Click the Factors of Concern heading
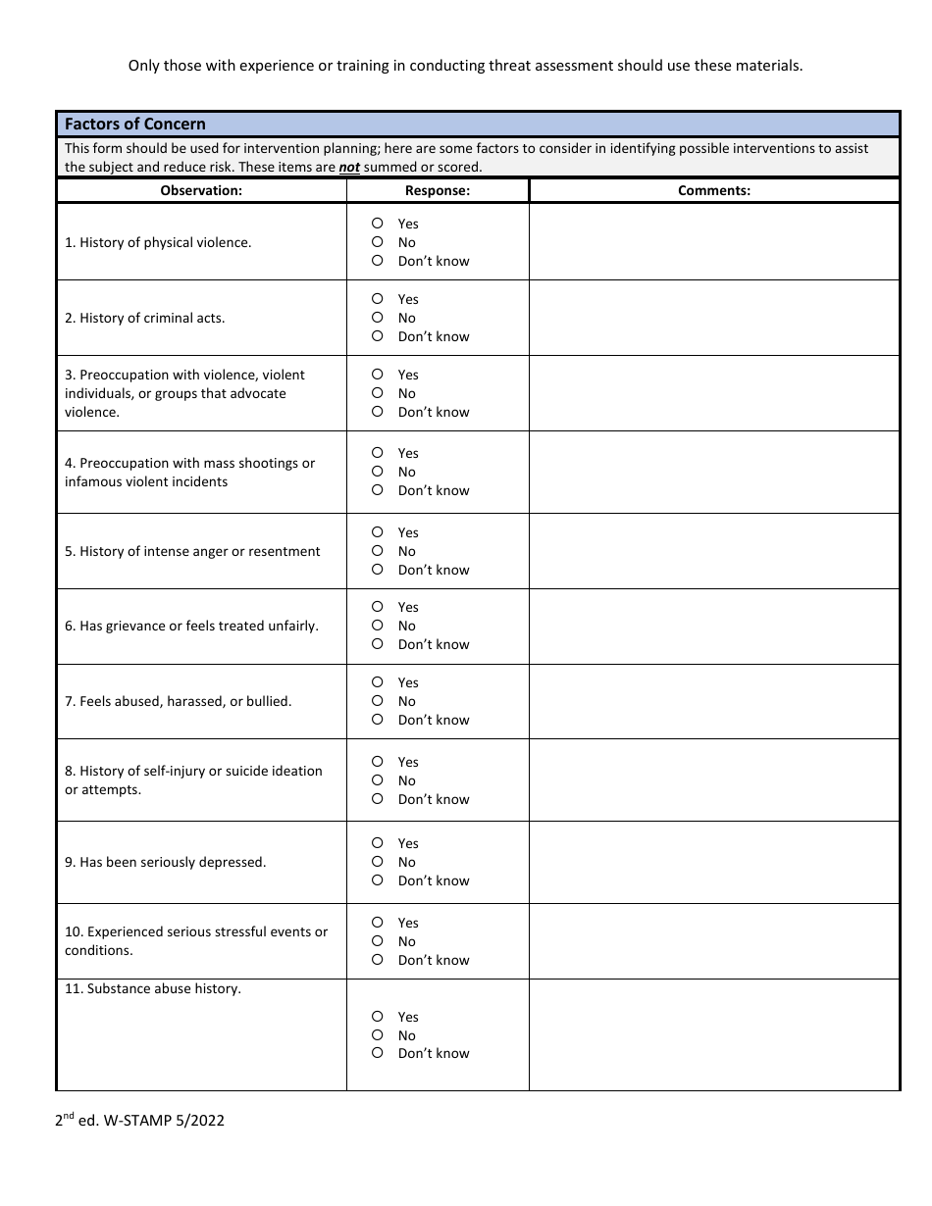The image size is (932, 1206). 135,124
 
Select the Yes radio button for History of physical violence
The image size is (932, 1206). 378,224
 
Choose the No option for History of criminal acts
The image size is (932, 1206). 378,318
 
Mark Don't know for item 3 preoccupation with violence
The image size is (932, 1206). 378,412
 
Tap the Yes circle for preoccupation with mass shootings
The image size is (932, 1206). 378,453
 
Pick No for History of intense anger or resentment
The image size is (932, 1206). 378,551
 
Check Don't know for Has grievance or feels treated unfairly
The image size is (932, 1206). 378,644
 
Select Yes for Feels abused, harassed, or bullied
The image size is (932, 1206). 378,682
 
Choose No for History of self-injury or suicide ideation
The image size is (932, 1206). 378,780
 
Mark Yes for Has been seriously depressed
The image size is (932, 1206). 378,843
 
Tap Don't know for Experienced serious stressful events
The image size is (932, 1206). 378,960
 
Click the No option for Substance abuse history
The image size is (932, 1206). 378,1035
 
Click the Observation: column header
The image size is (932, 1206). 201,191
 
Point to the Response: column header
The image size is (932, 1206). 438,191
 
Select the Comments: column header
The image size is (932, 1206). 714,191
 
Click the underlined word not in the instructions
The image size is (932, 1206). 349,168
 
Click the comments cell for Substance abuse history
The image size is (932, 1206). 714,1034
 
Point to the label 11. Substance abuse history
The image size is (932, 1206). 153,989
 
